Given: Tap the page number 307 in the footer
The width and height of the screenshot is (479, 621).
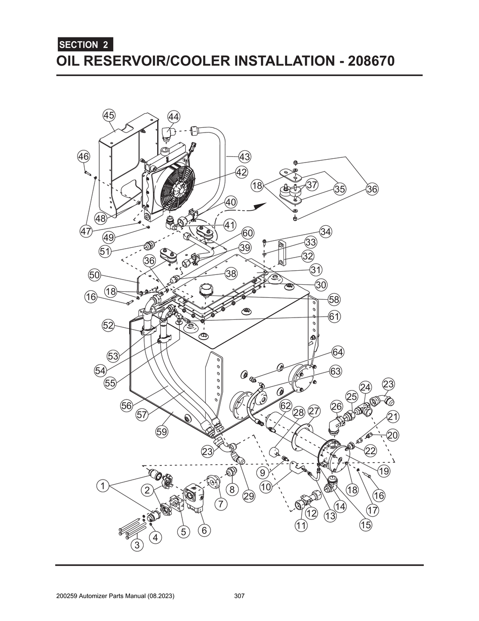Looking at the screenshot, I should point(239,596).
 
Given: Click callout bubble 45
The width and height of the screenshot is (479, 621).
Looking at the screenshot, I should point(109,115).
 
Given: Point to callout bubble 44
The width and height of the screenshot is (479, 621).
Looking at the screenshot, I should point(174,116).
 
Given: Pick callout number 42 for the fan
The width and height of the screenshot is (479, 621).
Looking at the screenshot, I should point(241,172).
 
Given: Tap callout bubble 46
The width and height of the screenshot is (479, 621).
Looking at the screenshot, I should point(83,156).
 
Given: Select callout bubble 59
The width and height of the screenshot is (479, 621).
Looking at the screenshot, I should point(161,432).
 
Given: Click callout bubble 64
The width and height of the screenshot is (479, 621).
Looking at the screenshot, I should point(338,352).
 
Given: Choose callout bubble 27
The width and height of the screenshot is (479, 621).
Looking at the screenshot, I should point(314,411).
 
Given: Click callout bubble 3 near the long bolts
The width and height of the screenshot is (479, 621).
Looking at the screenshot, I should point(137,545).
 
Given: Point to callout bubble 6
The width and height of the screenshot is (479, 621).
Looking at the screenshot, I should point(204,530).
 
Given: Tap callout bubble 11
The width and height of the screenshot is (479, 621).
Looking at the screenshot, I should point(301,525).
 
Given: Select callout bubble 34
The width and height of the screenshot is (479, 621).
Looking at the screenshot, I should point(326,231).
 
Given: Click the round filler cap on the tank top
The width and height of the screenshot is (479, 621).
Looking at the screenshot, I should point(206,290).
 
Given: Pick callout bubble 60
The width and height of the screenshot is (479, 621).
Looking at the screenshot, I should point(247,233).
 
